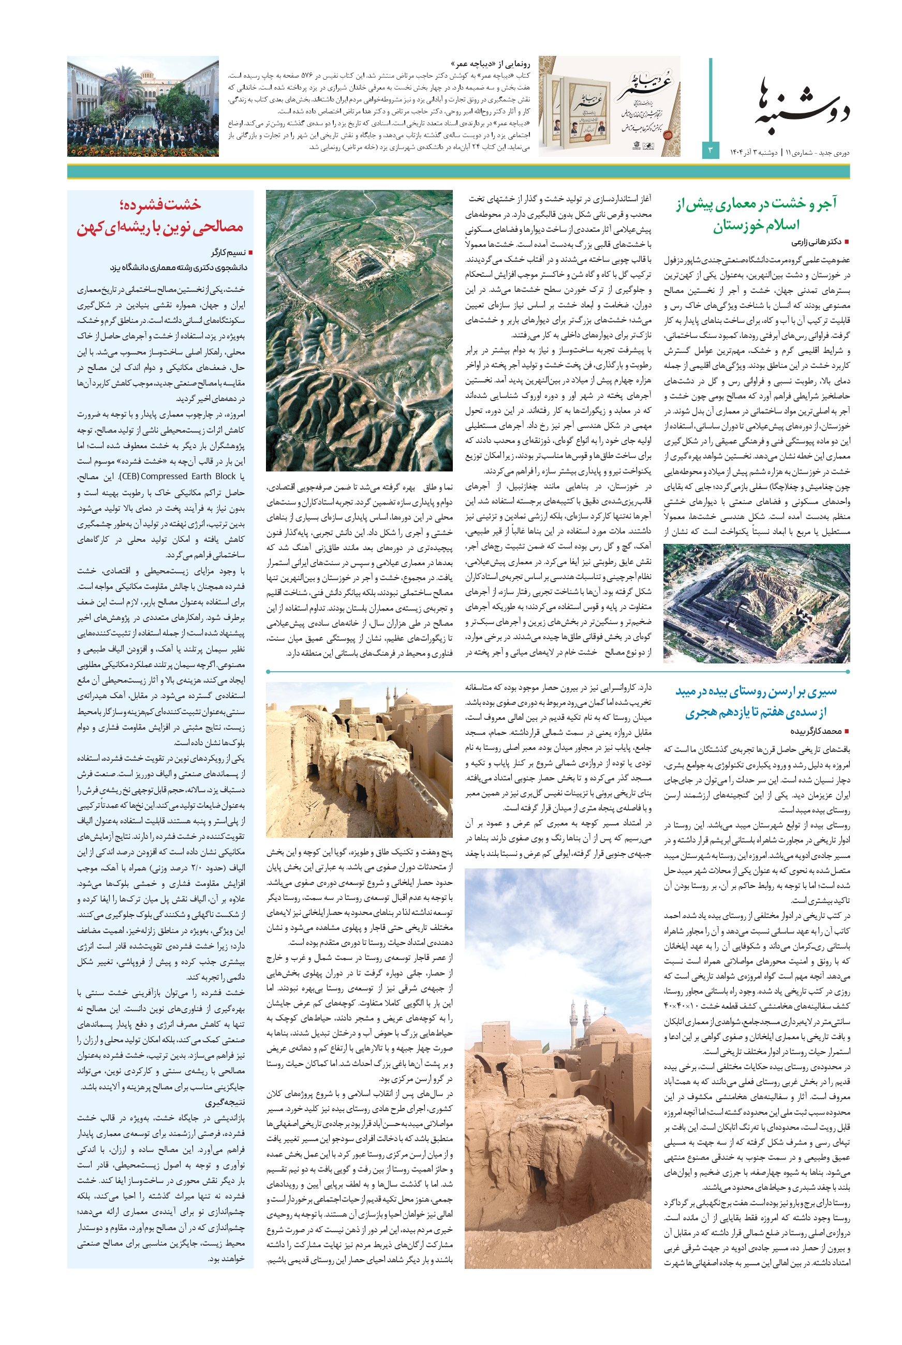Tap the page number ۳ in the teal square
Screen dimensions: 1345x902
coord(710,150)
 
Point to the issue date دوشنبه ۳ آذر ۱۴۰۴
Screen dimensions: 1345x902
coord(753,153)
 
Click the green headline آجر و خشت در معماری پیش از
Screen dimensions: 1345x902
coord(756,203)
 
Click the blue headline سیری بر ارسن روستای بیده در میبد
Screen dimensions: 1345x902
coord(756,691)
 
